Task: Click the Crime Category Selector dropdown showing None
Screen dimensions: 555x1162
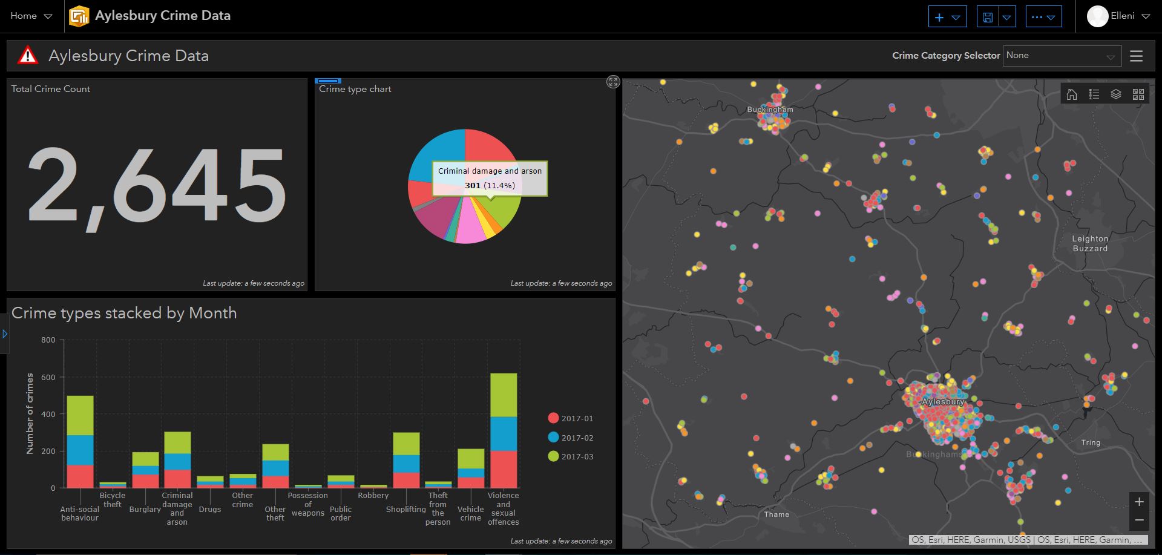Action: click(1061, 56)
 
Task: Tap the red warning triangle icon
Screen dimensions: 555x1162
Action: click(27, 56)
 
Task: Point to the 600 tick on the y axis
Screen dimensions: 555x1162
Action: click(48, 377)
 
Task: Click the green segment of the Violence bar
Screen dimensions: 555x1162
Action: click(503, 395)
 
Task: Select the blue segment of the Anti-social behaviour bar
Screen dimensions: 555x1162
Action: click(80, 450)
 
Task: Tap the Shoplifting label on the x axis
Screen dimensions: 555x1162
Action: click(405, 509)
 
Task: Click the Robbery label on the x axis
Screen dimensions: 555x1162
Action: click(373, 495)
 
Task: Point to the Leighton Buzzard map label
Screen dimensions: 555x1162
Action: click(1090, 243)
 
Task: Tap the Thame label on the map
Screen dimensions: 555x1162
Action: click(776, 514)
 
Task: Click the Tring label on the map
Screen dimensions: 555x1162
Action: click(1091, 442)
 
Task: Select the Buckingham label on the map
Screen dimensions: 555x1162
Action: click(769, 110)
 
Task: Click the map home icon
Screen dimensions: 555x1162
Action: click(1072, 94)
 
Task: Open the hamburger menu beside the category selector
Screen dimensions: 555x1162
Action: click(1136, 56)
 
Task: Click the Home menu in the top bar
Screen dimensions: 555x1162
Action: click(31, 16)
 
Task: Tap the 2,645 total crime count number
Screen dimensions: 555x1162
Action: click(157, 186)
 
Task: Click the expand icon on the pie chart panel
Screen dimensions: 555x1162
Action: click(612, 82)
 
